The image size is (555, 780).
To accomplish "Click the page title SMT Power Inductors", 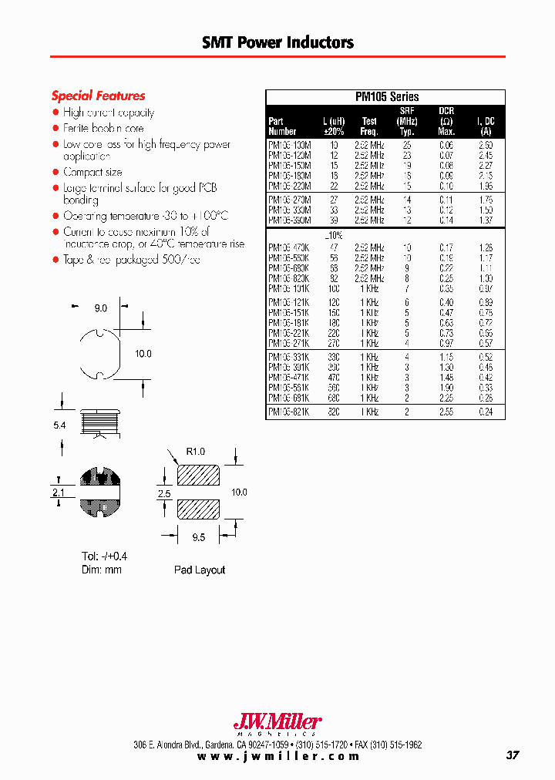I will coord(277,43).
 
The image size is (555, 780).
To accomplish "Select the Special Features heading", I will coord(98,96).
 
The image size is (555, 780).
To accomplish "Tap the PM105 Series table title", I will coord(386,97).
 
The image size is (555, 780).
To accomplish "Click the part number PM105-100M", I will coord(289,144).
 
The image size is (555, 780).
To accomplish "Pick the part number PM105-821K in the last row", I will coord(289,412).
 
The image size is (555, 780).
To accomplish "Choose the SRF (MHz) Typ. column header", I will coord(408,121).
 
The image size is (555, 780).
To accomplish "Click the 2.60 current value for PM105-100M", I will coord(485,144).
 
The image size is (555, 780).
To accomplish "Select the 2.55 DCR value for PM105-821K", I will coord(446,412).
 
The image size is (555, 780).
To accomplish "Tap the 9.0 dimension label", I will coord(101,308).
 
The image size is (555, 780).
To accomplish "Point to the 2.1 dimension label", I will coord(59,491).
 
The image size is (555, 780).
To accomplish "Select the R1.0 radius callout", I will coord(195,452).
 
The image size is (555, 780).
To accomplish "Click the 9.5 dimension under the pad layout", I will coord(198,537).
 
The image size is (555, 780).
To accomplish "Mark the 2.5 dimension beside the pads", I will coord(163,493).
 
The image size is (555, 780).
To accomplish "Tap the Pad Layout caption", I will coord(199,570).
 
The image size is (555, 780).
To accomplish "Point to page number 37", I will coord(513,755).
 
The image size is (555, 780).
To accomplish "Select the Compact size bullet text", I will coord(92,172).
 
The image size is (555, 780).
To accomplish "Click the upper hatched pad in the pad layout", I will coord(198,476).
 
